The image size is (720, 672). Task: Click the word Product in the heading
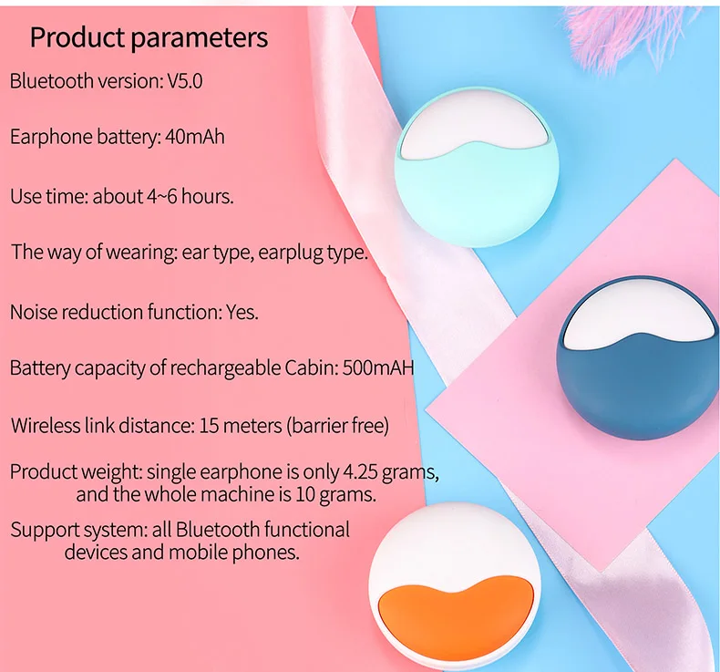point(77,37)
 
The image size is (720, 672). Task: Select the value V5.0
point(185,81)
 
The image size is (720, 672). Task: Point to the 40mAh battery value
point(195,137)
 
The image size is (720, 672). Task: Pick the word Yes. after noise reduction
point(242,313)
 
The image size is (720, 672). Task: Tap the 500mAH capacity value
point(378,368)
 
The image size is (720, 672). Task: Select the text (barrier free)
point(338,426)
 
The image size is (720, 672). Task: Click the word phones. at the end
point(266,553)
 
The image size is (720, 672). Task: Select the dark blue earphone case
point(638,362)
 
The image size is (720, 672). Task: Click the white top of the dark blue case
point(638,319)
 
